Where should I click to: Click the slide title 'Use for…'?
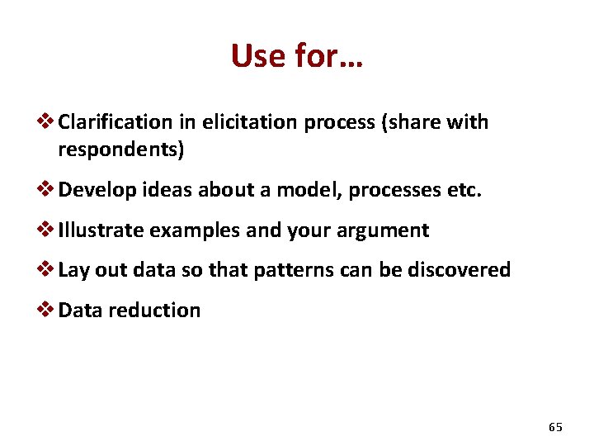[297, 56]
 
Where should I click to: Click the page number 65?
[555, 427]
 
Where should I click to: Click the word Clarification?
[115, 122]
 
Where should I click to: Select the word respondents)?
[121, 150]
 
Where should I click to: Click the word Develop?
[96, 191]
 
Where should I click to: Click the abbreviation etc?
[464, 191]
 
